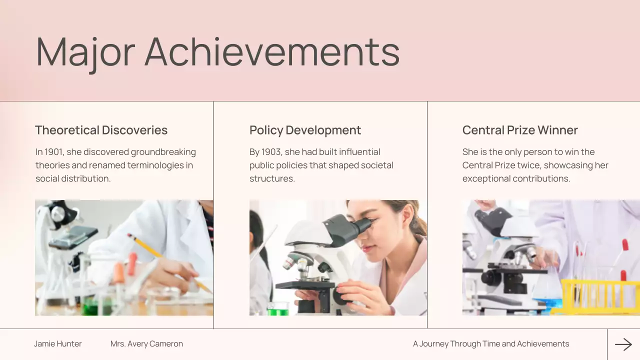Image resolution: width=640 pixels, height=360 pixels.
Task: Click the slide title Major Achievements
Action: coord(217,51)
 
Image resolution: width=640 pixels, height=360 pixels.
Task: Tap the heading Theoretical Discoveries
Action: coord(101,130)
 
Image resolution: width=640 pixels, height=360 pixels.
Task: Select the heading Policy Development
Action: coord(305,130)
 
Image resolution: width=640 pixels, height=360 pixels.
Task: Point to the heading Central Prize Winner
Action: coord(520,130)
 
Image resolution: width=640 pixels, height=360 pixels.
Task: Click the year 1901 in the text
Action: coord(54,152)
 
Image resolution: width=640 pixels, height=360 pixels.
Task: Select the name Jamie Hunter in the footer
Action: coord(58,344)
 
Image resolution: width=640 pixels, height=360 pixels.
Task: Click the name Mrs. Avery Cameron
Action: coord(146,344)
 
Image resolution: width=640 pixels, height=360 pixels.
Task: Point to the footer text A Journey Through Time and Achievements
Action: coord(491,344)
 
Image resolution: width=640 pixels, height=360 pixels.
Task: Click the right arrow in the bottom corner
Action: coord(623,344)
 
